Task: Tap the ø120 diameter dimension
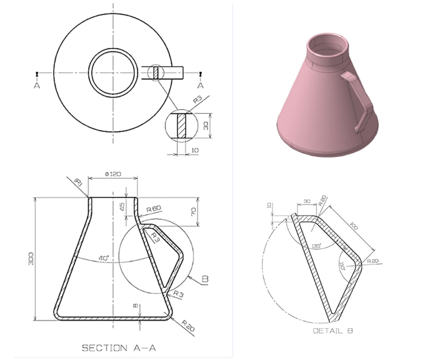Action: (113, 174)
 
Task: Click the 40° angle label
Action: (104, 257)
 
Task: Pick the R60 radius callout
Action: (154, 209)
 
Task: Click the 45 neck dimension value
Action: (122, 206)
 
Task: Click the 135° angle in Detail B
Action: (316, 246)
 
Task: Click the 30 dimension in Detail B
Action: (306, 201)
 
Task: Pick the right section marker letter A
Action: (201, 86)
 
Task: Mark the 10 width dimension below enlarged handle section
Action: (194, 151)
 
